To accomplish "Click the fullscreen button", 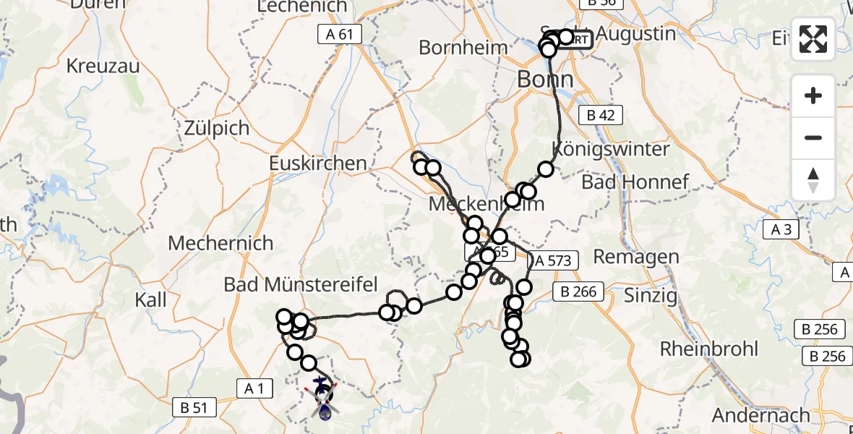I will click(813, 39).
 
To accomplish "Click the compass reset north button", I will click(813, 180).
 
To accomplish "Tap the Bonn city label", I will click(545, 79).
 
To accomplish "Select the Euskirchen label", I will click(318, 163).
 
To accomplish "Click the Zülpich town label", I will click(218, 129).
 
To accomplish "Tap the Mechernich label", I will click(220, 243).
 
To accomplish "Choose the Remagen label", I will click(636, 256).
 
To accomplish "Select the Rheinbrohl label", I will click(709, 349).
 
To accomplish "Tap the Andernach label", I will click(761, 415).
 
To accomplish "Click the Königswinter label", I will click(611, 149).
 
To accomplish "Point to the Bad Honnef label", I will click(635, 182).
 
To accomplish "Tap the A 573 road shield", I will click(554, 260).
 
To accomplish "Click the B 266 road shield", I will click(575, 292).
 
